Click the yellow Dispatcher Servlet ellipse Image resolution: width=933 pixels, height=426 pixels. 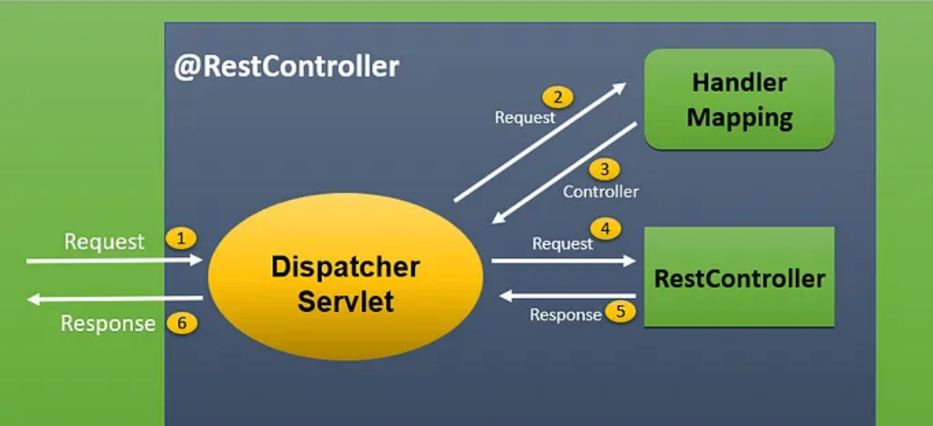tap(345, 279)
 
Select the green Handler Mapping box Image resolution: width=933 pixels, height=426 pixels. tap(739, 100)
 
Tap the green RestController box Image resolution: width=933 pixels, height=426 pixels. tap(739, 277)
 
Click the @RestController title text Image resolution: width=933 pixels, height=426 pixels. tap(287, 67)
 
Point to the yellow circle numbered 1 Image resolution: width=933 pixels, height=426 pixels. tap(180, 238)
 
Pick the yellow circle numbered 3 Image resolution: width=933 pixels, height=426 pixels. tap(604, 169)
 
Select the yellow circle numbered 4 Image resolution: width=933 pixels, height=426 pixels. tap(605, 229)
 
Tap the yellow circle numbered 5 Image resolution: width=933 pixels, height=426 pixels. tap(620, 312)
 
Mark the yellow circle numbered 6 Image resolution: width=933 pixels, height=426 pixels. tap(182, 324)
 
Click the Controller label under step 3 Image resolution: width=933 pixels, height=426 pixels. tap(601, 192)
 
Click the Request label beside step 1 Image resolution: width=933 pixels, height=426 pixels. tap(105, 241)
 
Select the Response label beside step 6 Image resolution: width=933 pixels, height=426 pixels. tap(107, 324)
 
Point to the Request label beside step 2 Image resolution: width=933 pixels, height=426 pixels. tap(525, 117)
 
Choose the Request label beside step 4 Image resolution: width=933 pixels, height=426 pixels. tap(563, 244)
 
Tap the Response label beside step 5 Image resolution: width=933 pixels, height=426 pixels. tap(565, 315)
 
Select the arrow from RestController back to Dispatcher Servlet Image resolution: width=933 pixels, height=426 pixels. tap(567, 295)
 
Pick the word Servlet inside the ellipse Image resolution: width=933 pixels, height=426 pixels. tap(345, 301)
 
